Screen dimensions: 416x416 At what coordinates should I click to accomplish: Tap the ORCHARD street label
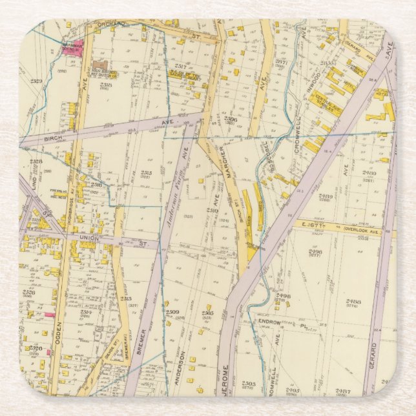[110, 24]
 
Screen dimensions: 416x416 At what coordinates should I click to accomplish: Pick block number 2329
[36, 81]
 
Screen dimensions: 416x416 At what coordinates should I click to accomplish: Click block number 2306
[230, 119]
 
